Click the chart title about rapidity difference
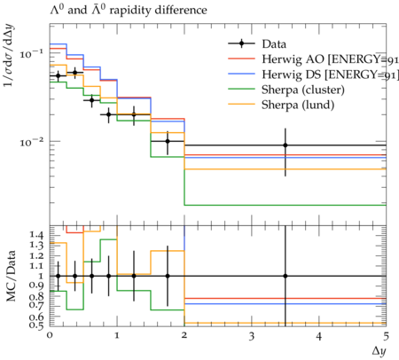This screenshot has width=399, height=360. click(x=129, y=10)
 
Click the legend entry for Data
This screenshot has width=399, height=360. click(x=274, y=44)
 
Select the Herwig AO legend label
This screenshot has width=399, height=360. click(x=330, y=59)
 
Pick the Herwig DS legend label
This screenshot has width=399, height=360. click(x=330, y=74)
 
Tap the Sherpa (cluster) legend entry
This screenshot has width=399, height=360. click(x=303, y=90)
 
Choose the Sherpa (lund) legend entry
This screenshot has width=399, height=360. click(x=298, y=105)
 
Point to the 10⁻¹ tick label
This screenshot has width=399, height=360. click(x=31, y=54)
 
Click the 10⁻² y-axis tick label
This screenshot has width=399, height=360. click(x=31, y=142)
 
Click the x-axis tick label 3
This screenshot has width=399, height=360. click(x=252, y=336)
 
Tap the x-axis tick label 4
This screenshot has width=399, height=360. click(x=318, y=336)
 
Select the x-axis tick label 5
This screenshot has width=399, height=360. click(x=386, y=336)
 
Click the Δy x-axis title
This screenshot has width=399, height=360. click(x=379, y=351)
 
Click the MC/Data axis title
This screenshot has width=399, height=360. click(x=11, y=276)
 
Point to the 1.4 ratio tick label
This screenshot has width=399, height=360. click(x=36, y=235)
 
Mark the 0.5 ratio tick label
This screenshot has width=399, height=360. click(x=36, y=325)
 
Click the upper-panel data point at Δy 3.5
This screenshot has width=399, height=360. click(x=286, y=145)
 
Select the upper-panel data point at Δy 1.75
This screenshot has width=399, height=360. click(x=168, y=141)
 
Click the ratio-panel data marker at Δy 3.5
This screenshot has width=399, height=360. click(x=286, y=276)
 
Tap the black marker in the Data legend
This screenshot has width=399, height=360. click(x=241, y=43)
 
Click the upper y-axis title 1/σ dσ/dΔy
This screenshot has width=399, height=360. click(x=10, y=57)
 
